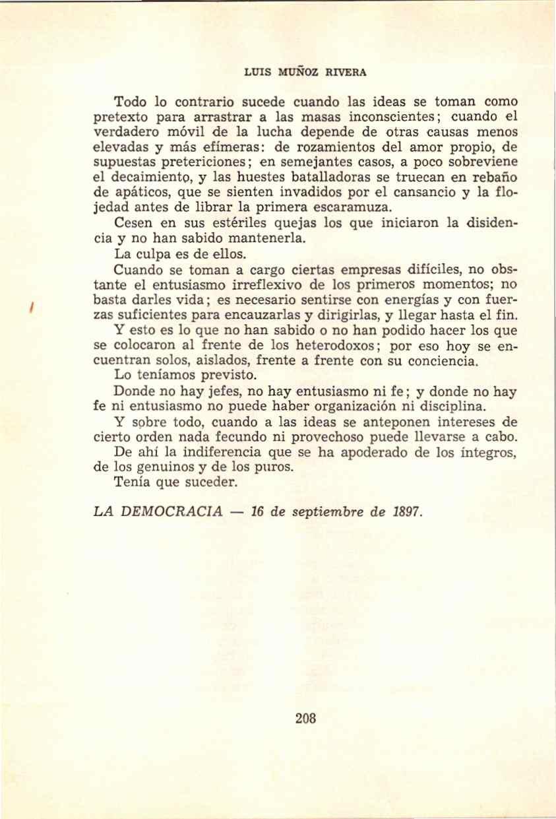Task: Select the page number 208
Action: [306, 719]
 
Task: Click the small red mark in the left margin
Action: [30, 308]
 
